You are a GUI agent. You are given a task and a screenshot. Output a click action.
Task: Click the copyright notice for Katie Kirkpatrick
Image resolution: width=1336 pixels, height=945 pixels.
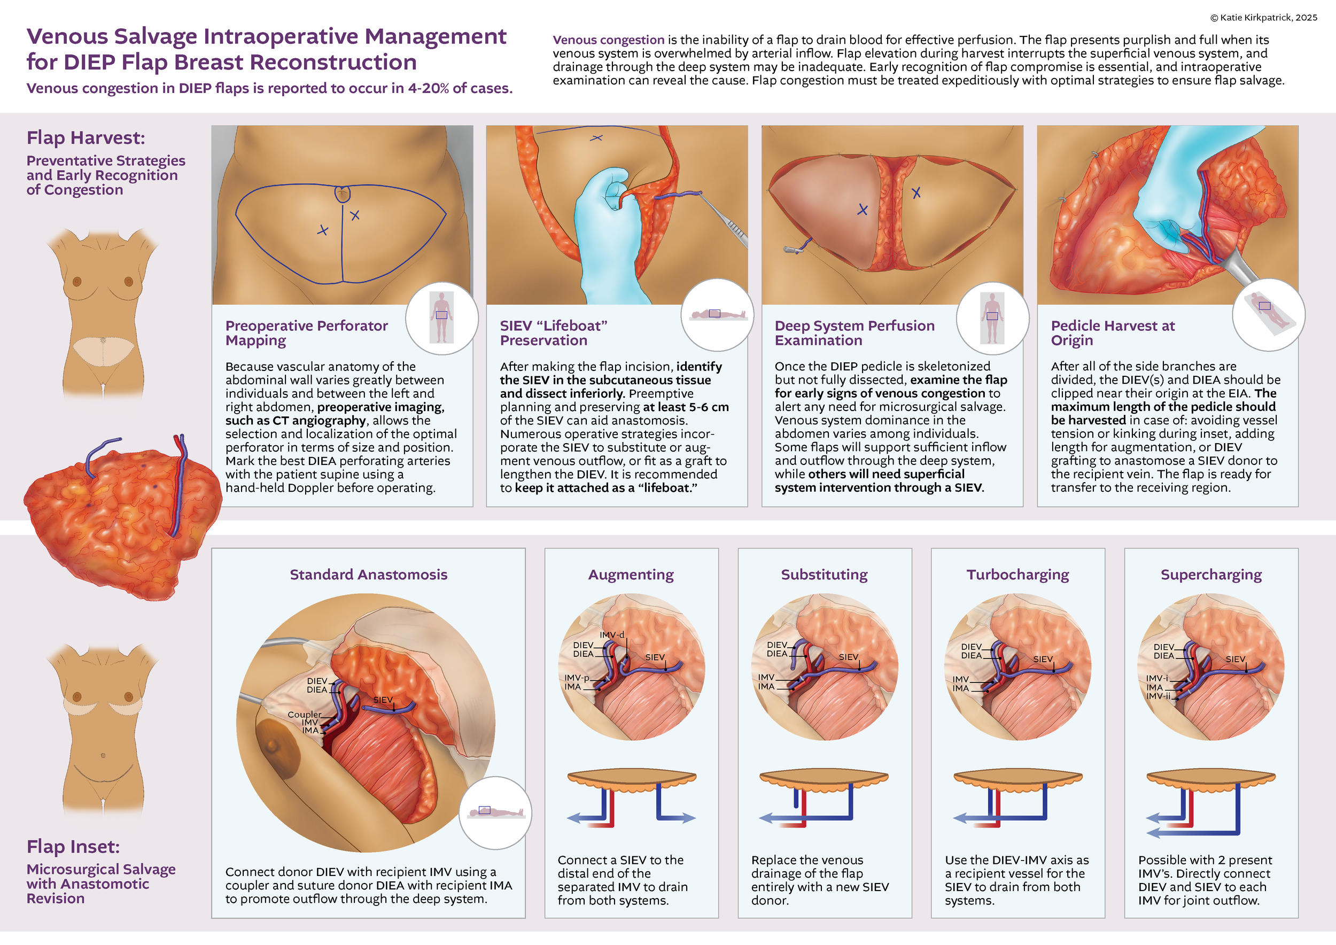[x=1263, y=18]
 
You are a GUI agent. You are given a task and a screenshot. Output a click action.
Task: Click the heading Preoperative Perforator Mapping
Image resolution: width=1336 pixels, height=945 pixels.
[x=306, y=333]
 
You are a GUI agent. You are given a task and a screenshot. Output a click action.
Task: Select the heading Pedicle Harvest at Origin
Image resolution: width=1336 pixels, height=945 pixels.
[x=1112, y=333]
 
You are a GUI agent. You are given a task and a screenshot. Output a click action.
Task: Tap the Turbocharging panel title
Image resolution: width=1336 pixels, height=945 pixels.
[x=1017, y=575]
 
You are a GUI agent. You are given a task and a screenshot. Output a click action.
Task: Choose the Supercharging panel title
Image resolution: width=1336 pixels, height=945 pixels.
[x=1211, y=575]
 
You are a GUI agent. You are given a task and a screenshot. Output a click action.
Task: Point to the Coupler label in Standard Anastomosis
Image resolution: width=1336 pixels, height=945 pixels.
[x=304, y=715]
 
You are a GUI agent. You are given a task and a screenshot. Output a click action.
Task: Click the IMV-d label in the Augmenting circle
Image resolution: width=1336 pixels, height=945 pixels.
[x=611, y=635]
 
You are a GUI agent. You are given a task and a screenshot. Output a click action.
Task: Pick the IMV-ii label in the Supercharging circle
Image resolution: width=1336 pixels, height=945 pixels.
[x=1158, y=696]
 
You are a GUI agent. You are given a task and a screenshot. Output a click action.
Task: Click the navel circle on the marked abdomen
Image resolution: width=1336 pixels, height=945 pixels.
[x=343, y=194]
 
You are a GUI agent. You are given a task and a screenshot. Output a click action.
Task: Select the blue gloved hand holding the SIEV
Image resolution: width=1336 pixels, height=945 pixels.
[x=608, y=233]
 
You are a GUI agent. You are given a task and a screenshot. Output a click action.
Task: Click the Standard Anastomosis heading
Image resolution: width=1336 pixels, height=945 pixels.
[x=368, y=575]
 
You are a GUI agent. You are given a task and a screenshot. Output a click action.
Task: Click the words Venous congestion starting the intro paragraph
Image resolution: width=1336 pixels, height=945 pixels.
[x=608, y=40]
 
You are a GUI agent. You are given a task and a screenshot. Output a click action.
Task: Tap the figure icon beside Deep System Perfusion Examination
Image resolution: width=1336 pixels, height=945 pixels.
[x=992, y=317]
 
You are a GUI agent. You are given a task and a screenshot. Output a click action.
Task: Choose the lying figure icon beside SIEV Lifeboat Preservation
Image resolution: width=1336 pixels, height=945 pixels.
[x=717, y=315]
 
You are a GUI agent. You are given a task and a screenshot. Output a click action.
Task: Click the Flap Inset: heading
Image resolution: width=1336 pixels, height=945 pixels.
[x=73, y=847]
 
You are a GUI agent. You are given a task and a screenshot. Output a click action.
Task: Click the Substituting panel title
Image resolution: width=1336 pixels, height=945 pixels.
[x=824, y=575]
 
